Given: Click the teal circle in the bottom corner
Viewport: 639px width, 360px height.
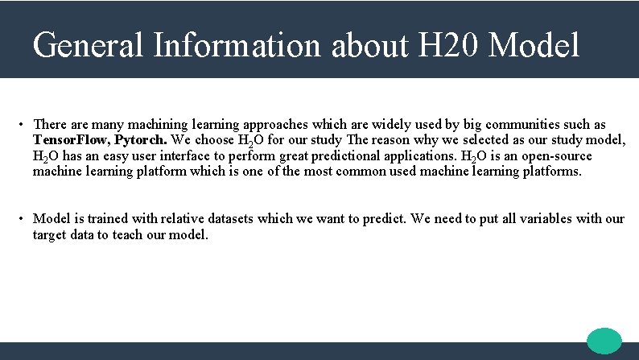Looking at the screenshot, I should tap(604, 341).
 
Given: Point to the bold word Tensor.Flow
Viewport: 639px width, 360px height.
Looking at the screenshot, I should tap(70, 140).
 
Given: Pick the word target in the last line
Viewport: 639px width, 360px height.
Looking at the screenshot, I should tap(50, 235).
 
